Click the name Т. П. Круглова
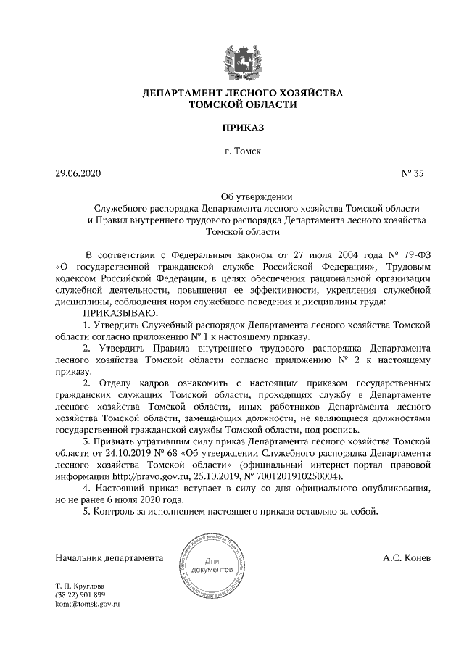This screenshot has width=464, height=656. pos(80,585)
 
